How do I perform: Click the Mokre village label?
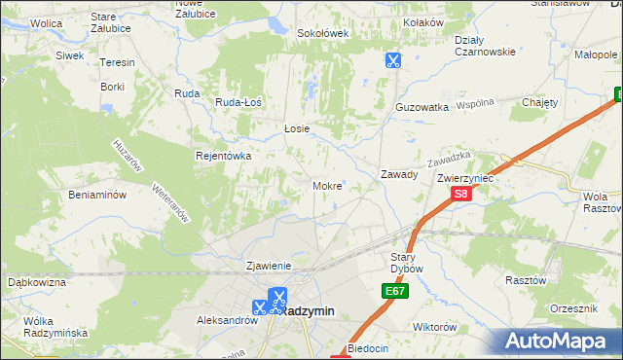click(326, 185)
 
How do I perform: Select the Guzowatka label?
click(421, 106)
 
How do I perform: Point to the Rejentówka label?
click(224, 156)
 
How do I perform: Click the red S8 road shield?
click(461, 195)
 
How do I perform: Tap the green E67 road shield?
click(393, 291)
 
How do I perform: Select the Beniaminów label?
click(97, 195)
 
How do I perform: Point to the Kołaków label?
click(423, 22)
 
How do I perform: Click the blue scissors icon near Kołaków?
click(392, 60)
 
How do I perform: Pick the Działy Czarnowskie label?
click(485, 46)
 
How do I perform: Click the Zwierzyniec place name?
click(466, 178)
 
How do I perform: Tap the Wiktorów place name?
click(434, 327)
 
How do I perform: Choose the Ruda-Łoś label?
click(239, 101)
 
